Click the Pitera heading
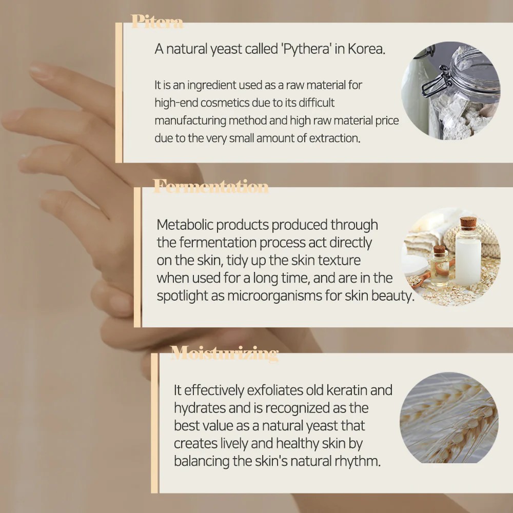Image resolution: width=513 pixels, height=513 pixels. click(x=157, y=22)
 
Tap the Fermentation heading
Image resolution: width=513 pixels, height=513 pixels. click(x=211, y=187)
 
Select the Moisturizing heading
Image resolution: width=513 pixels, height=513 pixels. click(x=224, y=353)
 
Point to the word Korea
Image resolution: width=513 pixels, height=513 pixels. click(x=366, y=49)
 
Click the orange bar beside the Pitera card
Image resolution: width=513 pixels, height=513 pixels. click(x=119, y=92)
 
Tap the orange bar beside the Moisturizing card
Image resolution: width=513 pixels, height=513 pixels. click(x=154, y=423)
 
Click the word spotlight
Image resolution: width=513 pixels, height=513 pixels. click(x=182, y=296)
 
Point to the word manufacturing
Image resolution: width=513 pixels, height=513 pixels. click(x=190, y=121)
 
